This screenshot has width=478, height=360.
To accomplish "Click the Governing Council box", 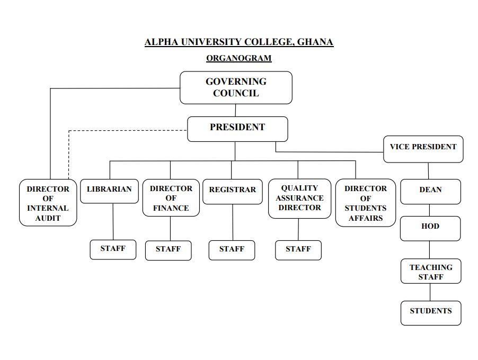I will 236,87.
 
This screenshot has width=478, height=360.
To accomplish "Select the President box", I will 237,129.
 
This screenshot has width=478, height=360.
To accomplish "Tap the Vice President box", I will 423,149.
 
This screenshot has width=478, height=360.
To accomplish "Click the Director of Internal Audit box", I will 48,203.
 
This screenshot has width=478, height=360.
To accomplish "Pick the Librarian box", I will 109,191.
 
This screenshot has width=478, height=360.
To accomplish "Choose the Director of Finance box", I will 171,198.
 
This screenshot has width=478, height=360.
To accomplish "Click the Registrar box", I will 232,191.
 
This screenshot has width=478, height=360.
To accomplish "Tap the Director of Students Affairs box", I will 366,203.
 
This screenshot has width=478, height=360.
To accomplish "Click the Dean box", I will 430,191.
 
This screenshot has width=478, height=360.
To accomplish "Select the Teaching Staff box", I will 431,272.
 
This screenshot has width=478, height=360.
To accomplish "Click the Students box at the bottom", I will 431,312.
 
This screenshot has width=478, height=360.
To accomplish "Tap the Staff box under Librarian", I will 113,249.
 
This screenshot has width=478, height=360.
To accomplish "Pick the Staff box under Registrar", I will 232,250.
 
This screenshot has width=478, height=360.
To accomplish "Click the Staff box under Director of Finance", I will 169,250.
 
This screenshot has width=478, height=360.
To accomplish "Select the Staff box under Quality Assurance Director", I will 298,250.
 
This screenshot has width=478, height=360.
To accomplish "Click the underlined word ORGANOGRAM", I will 238,58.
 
